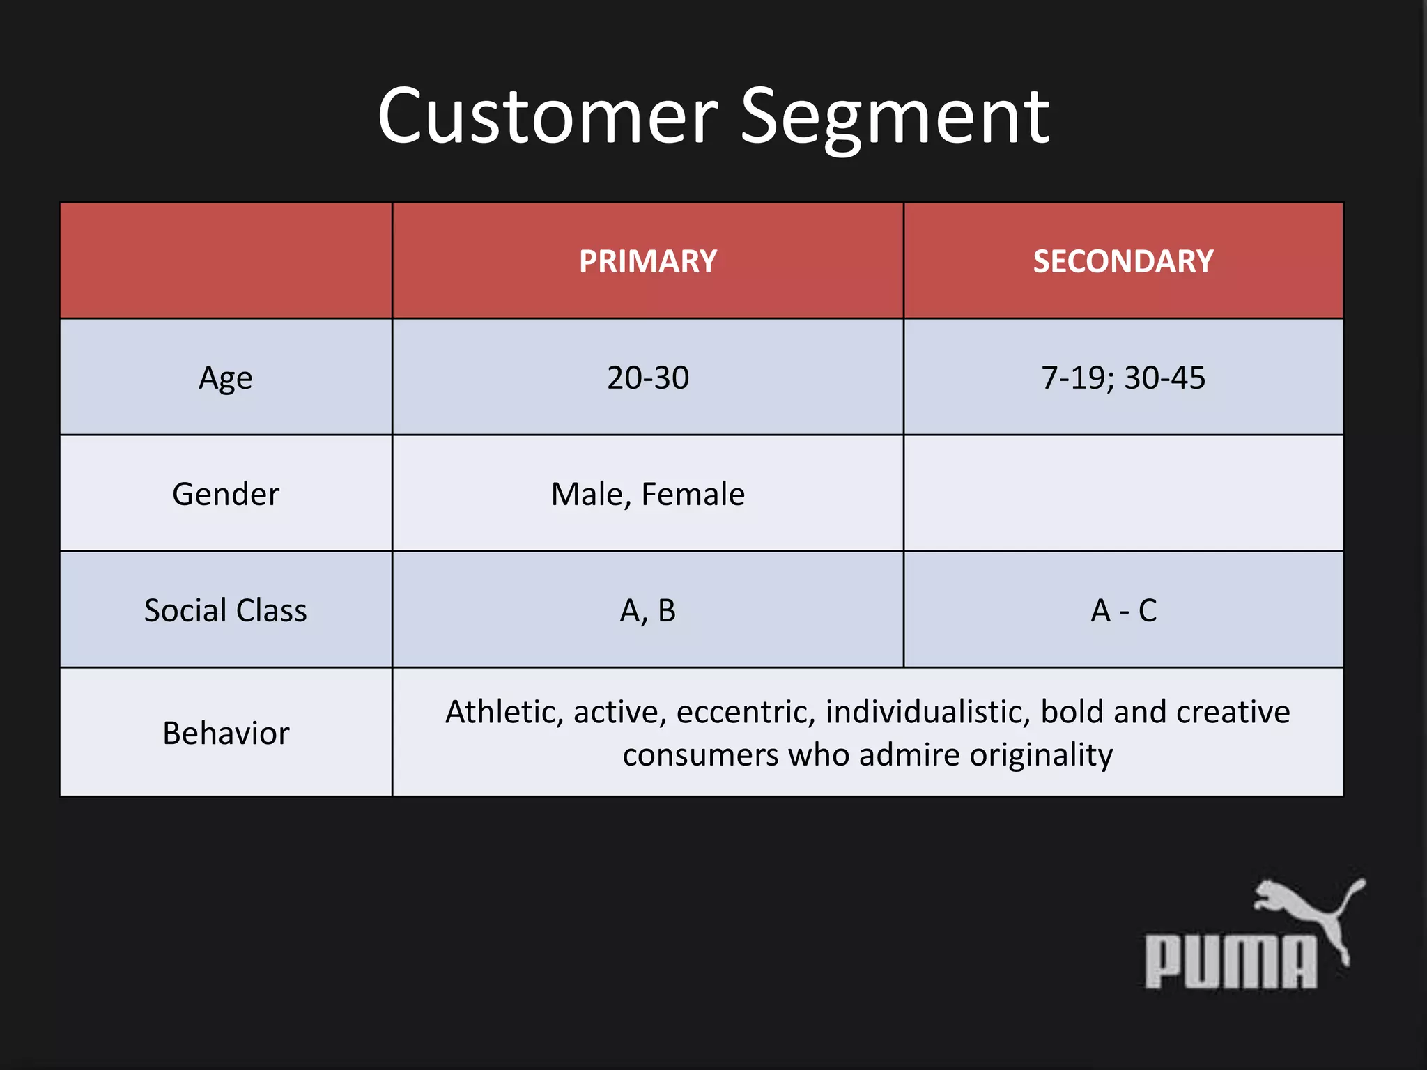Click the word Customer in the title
548,116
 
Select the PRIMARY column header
647,261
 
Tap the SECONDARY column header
1123,261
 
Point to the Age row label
225,378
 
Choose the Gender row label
225,494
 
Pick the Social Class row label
225,610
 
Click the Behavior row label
225,733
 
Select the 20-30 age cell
647,378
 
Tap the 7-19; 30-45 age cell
1123,378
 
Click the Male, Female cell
647,494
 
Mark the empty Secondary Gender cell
1123,493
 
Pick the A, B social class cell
647,610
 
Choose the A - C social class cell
1123,610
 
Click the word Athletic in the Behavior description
503,712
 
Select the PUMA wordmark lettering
1231,962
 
